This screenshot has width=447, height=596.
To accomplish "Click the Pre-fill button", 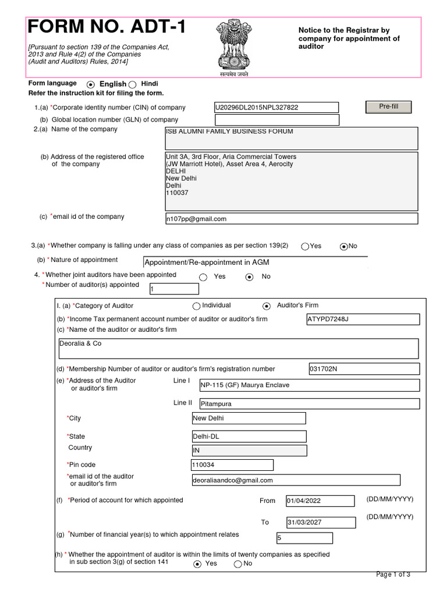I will click(388, 107).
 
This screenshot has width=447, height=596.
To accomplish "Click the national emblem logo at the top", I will click(233, 47).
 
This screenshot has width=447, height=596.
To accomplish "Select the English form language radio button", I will click(91, 84).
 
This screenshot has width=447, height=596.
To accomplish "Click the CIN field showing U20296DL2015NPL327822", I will click(276, 108).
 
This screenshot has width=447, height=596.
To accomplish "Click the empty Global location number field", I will click(276, 120).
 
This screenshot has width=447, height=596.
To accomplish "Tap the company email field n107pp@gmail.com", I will click(292, 219).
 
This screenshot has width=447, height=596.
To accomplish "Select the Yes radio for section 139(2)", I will click(305, 246).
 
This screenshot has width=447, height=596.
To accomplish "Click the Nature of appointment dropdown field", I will click(255, 262).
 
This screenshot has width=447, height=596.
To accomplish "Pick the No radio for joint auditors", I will click(250, 277).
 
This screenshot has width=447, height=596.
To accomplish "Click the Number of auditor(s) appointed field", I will click(173, 289).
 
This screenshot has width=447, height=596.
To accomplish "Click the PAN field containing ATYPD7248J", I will click(363, 319).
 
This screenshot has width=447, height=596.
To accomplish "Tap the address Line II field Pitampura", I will click(309, 403).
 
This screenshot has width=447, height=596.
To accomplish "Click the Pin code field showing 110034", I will click(232, 465).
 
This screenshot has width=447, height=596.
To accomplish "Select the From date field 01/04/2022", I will click(320, 501).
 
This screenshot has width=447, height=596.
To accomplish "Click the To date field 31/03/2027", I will click(320, 522).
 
